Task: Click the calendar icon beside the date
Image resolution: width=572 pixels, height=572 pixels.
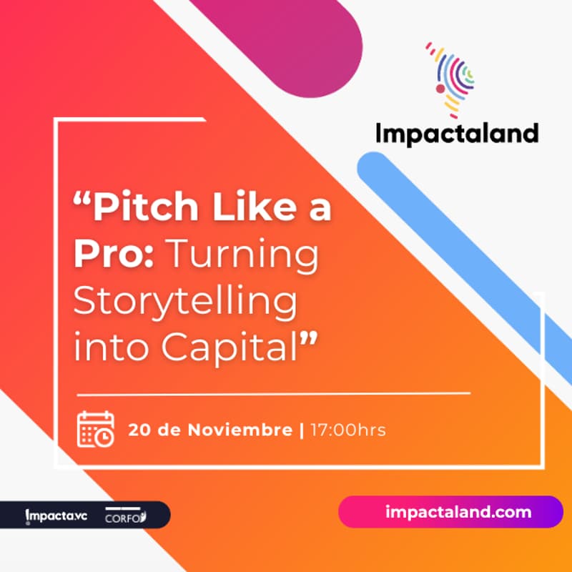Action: click(95, 430)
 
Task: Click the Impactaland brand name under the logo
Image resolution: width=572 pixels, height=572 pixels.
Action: click(457, 133)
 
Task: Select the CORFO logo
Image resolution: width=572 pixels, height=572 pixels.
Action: click(124, 516)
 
